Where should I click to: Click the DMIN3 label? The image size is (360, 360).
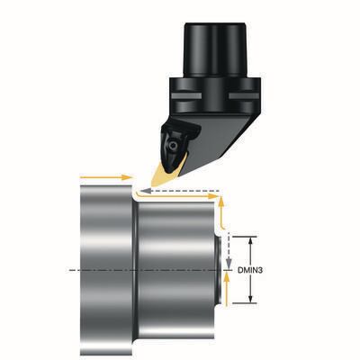click(x=250, y=270)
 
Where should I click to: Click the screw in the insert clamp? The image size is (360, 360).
click(x=173, y=145)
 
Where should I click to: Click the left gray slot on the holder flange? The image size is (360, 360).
click(x=186, y=96)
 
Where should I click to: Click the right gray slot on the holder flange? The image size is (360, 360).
click(x=244, y=96)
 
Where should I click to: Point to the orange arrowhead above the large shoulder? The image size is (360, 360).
click(x=127, y=177)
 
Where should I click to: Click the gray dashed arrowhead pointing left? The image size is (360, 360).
click(x=145, y=191)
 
